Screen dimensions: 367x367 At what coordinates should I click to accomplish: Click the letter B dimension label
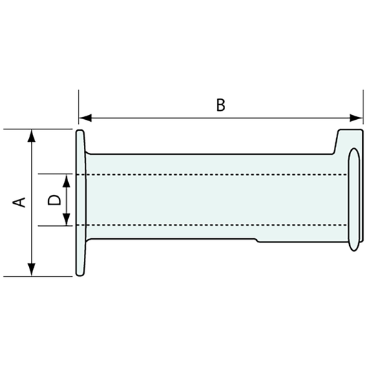pos(220,105)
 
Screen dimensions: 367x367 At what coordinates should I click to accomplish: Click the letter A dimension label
pos(19,202)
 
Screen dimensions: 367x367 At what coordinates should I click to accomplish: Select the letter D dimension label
pos(54,200)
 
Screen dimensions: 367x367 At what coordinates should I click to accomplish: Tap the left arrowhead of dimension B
pos(85,118)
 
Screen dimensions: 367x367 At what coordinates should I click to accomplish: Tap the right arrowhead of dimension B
pos(356,118)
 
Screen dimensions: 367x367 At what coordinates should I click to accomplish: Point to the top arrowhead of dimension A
pos(32,136)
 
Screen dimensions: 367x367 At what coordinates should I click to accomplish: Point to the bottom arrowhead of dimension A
pos(32,270)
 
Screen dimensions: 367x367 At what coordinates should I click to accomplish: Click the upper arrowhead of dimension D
pos(67,180)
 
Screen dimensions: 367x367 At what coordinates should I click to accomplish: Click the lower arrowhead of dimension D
pos(67,220)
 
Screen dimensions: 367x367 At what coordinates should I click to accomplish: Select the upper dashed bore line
pos(212,175)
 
